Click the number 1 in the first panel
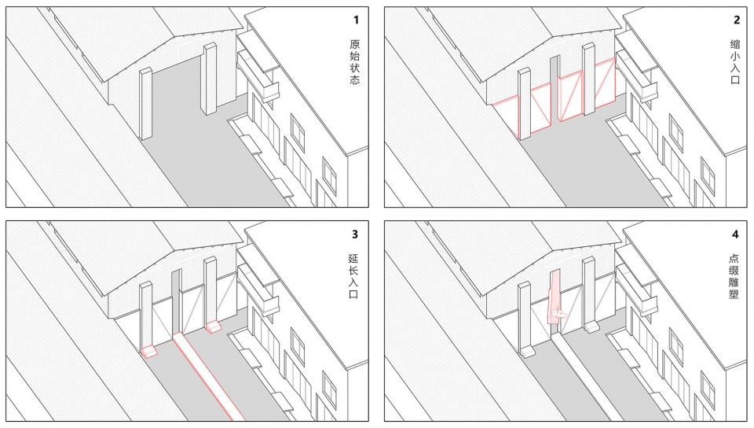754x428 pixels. click(356, 20)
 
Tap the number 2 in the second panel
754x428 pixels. click(737, 20)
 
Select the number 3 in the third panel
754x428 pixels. click(355, 234)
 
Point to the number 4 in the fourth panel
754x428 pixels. click(735, 234)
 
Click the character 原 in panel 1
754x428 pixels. click(354, 44)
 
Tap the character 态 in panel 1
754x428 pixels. click(354, 79)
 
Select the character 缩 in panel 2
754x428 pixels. click(735, 44)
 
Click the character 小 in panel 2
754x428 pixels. click(735, 57)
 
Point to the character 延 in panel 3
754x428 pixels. click(353, 259)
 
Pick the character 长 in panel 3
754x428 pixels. click(353, 271)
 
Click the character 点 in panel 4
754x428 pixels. click(734, 259)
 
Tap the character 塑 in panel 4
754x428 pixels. click(734, 293)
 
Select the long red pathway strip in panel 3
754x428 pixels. click(207, 374)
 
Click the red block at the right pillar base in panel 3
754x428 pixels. click(213, 327)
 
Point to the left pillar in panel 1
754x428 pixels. click(145, 104)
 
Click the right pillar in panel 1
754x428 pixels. click(210, 79)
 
